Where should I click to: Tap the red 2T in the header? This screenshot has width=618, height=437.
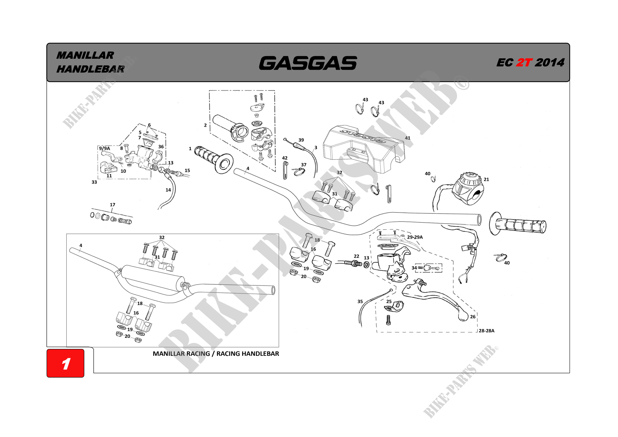tap(524, 63)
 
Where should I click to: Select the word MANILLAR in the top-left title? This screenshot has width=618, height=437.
tap(85, 55)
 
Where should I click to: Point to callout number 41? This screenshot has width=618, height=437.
tap(408, 138)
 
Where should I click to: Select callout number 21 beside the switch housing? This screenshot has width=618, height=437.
tap(486, 179)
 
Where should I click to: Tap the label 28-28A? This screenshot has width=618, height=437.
tap(486, 331)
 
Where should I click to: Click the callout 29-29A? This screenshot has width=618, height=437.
tap(415, 237)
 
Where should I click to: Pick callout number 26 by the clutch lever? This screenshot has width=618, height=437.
tap(473, 316)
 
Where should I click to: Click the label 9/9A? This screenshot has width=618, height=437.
tap(104, 148)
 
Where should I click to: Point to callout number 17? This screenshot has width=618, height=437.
tap(112, 205)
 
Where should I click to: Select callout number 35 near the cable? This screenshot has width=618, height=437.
tap(360, 301)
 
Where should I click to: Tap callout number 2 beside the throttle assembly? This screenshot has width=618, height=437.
tap(205, 125)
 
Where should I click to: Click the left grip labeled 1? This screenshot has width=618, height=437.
tap(213, 159)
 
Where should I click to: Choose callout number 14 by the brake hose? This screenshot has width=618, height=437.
tap(168, 190)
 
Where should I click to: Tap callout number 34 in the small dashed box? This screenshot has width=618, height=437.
tap(414, 268)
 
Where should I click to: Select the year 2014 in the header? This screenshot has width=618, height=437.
tap(549, 63)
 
